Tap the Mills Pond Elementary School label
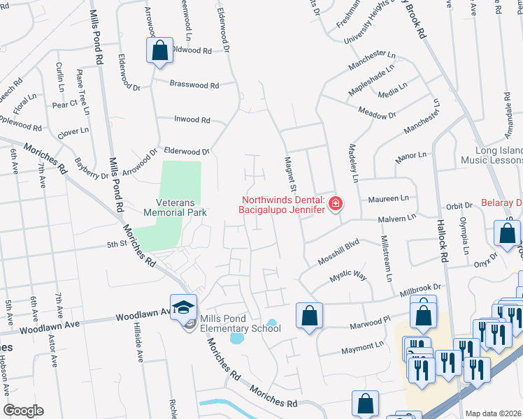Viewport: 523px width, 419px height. point(231,323)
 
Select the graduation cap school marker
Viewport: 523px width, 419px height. point(183,307)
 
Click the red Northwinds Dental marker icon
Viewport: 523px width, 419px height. point(336,204)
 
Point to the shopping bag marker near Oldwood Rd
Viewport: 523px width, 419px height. point(159,50)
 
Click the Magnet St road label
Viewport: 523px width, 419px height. point(289,172)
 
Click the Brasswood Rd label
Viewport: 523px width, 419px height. point(194,85)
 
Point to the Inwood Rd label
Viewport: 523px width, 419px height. point(192,120)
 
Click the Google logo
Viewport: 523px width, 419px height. point(23,411)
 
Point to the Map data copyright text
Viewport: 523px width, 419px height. point(493,413)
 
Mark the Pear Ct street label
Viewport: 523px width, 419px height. point(64,104)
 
